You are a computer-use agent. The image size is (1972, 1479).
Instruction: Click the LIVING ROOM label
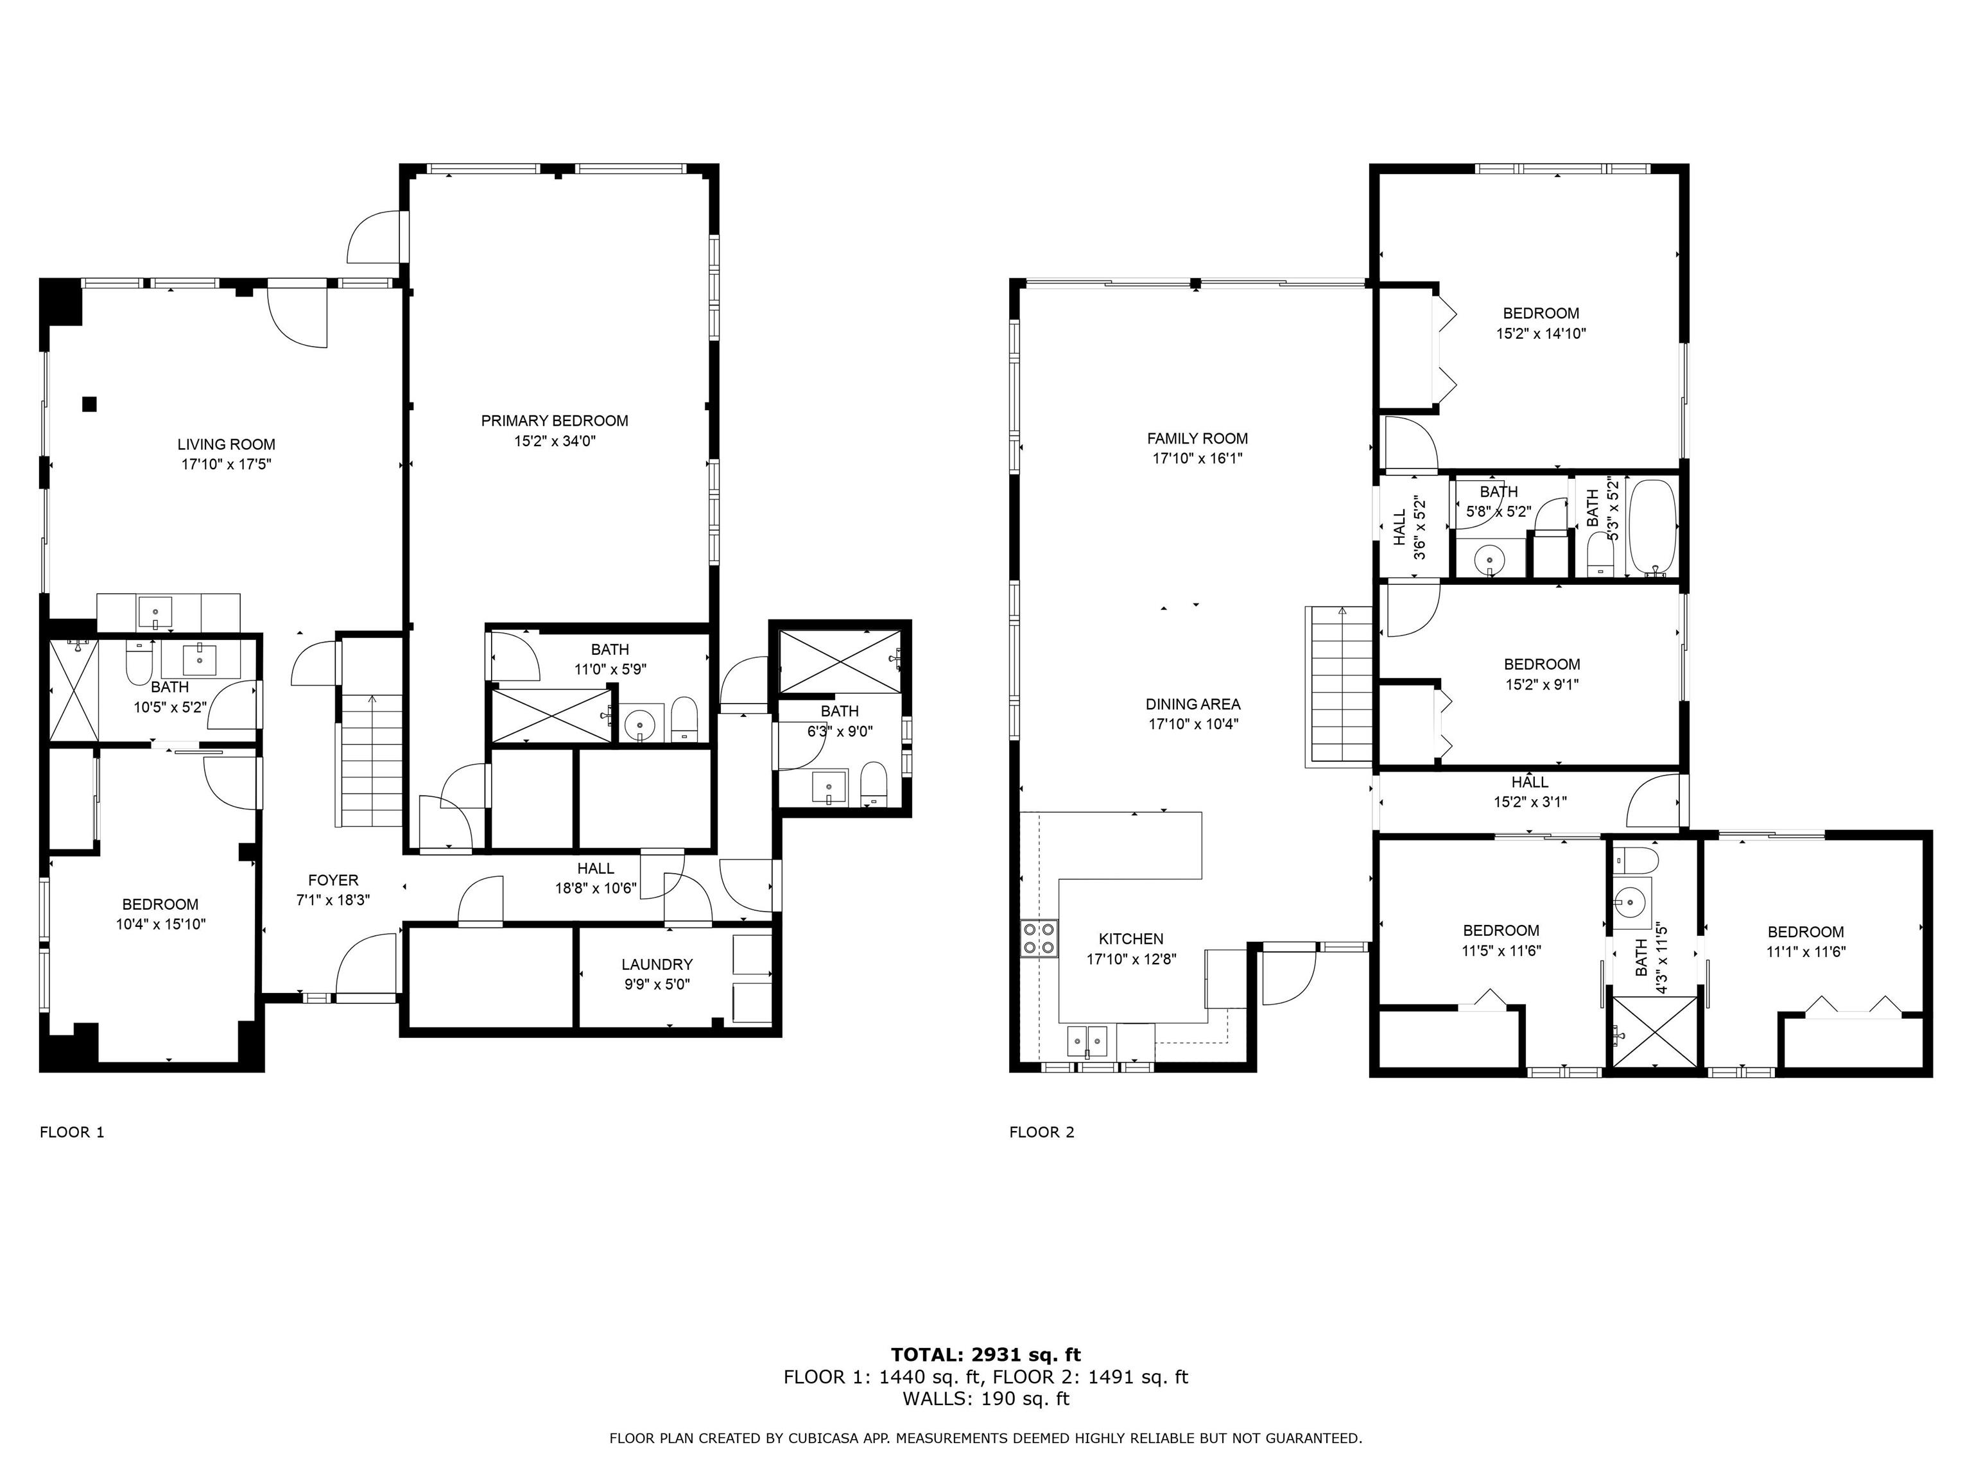pos(227,444)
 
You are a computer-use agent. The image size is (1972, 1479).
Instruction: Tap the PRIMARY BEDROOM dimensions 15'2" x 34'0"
pos(555,440)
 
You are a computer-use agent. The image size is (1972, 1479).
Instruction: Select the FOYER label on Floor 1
pos(333,880)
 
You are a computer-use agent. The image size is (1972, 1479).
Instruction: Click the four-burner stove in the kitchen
pos(1039,937)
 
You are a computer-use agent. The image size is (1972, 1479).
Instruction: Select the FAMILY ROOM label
pos(1197,438)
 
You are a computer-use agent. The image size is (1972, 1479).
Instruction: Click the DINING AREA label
pos(1193,704)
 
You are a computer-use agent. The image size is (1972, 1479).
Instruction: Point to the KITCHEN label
pos(1131,938)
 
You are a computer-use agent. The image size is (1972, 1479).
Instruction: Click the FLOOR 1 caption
pos(72,1132)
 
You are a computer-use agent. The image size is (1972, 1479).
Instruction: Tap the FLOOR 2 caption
pos(1042,1132)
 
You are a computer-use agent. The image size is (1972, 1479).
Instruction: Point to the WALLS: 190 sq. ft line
pos(986,1399)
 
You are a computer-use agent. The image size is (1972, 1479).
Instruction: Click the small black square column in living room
pos(89,404)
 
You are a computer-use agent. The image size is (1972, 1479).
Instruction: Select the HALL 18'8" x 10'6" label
pos(596,878)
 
